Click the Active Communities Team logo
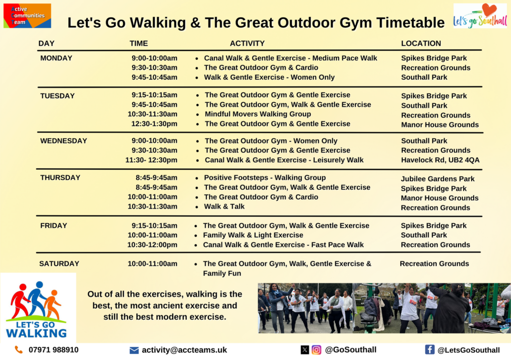pyautogui.click(x=27, y=15)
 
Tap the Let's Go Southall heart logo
pyautogui.click(x=480, y=15)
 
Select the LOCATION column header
pyautogui.click(x=421, y=43)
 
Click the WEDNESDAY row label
pyautogui.click(x=63, y=141)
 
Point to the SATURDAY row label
pyautogui.click(x=59, y=264)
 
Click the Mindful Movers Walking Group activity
pyautogui.click(x=258, y=114)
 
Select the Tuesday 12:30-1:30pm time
pyautogui.click(x=154, y=124)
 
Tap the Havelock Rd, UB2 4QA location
pyautogui.click(x=440, y=160)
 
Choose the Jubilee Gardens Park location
pyautogui.click(x=437, y=179)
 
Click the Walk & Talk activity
pyautogui.click(x=224, y=206)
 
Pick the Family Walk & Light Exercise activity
pyautogui.click(x=253, y=235)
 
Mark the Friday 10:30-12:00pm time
pyautogui.click(x=152, y=245)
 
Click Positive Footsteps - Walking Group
pyautogui.click(x=264, y=178)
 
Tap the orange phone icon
pyautogui.click(x=19, y=350)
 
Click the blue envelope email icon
pyautogui.click(x=134, y=350)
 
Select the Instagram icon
pyautogui.click(x=316, y=350)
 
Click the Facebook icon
pyautogui.click(x=430, y=350)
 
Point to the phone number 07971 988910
pyautogui.click(x=53, y=350)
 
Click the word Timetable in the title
pyautogui.click(x=410, y=23)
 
